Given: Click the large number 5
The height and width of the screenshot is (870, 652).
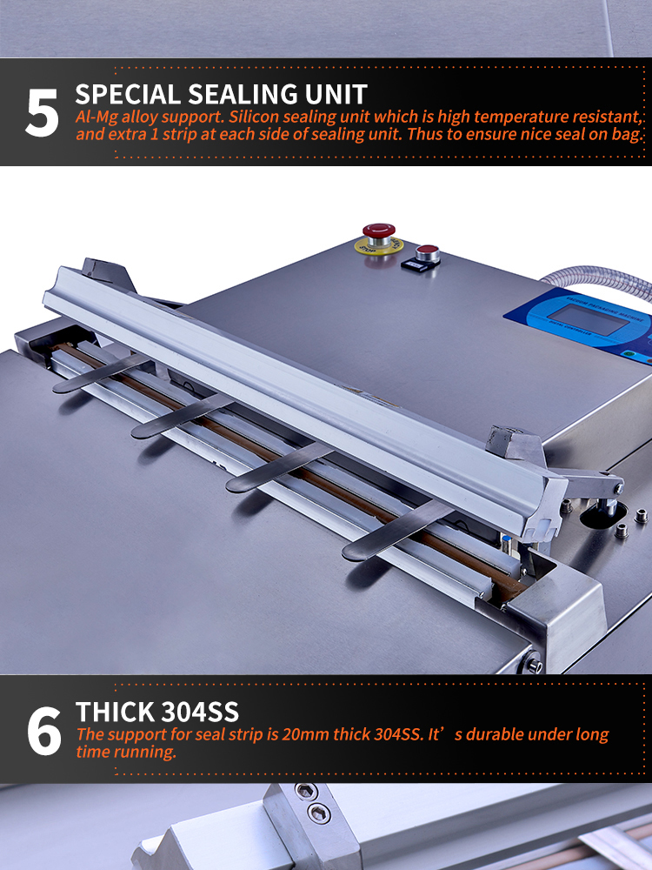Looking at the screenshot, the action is click(x=42, y=112).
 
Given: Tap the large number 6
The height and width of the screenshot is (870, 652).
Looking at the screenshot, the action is click(x=43, y=730).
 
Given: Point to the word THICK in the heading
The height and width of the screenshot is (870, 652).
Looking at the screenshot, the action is click(x=116, y=712).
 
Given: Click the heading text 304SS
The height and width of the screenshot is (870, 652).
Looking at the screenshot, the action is click(x=200, y=712).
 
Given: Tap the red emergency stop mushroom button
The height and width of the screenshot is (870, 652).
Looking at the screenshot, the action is click(x=379, y=233).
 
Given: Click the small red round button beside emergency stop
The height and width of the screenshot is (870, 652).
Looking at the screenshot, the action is click(x=428, y=253).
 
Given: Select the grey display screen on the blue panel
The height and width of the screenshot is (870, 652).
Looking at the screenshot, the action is click(x=588, y=319).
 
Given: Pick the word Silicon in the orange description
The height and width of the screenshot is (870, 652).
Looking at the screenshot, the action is click(x=255, y=117).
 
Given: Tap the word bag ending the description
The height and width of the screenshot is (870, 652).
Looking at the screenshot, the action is click(x=629, y=135).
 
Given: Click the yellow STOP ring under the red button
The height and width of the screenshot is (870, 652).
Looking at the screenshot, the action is click(x=379, y=246).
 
